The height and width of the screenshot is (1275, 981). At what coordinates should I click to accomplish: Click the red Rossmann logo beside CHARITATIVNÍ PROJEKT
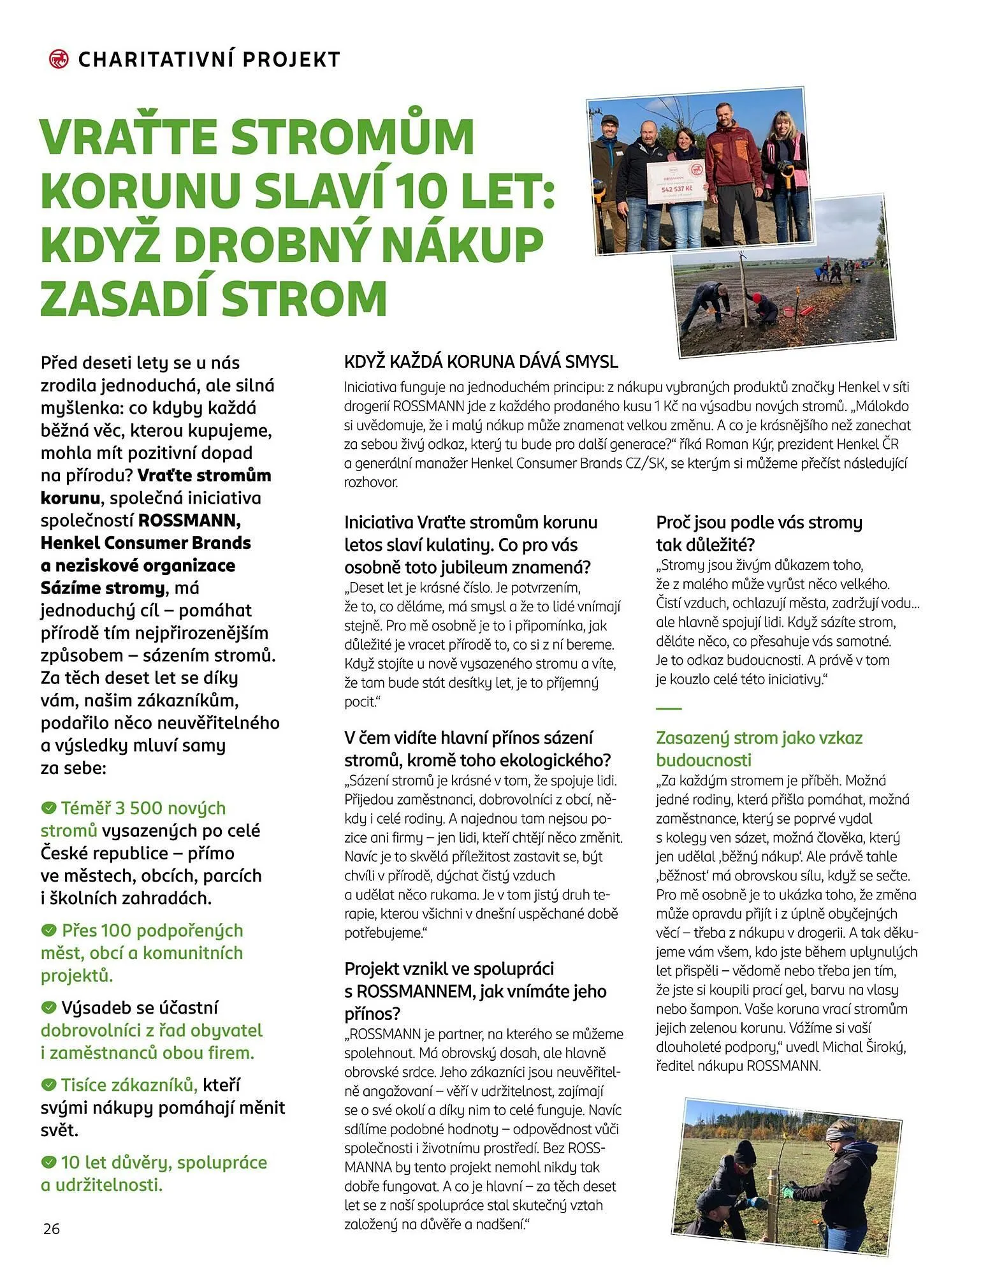click(x=59, y=59)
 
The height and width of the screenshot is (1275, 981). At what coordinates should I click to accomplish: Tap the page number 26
click(x=52, y=1228)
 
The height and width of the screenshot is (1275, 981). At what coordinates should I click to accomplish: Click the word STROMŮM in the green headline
click(x=352, y=136)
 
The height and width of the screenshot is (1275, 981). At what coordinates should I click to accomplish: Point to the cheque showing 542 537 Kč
click(x=676, y=182)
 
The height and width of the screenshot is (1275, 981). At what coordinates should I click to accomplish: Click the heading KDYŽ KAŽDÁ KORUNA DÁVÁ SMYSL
click(x=481, y=362)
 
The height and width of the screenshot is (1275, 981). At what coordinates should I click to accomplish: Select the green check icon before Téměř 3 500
click(x=48, y=808)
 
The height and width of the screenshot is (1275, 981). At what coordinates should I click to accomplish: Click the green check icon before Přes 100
click(x=48, y=931)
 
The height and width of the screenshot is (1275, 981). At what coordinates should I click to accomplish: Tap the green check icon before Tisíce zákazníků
click(x=48, y=1085)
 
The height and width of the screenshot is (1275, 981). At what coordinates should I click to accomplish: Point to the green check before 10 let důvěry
click(x=48, y=1162)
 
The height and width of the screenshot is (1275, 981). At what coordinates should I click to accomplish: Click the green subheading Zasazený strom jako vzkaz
click(x=759, y=738)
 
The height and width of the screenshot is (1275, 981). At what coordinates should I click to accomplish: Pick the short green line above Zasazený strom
click(x=669, y=708)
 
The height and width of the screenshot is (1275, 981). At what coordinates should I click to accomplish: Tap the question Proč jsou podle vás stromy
click(x=759, y=523)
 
